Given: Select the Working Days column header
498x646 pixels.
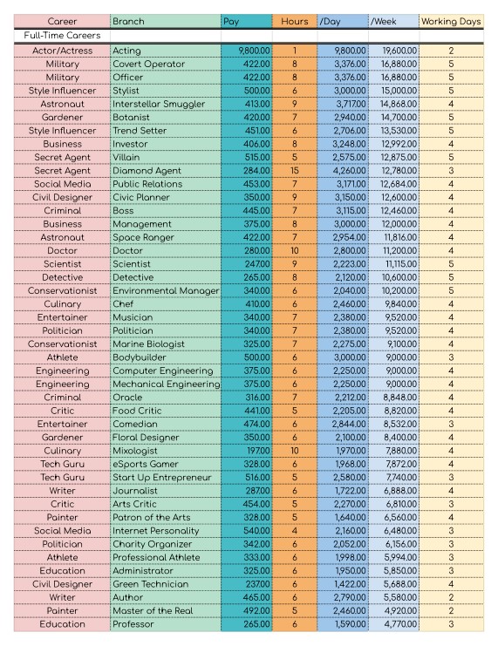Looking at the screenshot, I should [451, 20].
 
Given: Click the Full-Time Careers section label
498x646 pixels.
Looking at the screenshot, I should [62, 36].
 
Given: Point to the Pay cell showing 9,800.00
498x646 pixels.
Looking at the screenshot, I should [247, 51].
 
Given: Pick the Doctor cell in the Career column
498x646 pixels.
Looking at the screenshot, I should [61, 250].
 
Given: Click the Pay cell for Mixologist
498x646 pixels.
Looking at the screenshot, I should [247, 450].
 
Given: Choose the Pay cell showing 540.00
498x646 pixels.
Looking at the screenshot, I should [247, 529].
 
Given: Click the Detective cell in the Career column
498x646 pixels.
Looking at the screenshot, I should [61, 277].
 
